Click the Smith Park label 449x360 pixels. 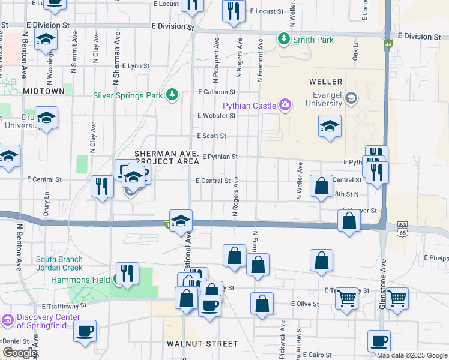click(x=313, y=40)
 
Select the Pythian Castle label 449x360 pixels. click(x=249, y=106)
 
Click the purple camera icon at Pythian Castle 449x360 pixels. click(x=285, y=106)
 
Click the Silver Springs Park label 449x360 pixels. click(x=128, y=95)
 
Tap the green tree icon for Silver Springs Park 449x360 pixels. click(x=172, y=95)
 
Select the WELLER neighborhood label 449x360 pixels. click(x=325, y=81)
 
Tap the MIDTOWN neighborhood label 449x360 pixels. click(x=44, y=91)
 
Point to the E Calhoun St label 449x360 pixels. click(x=217, y=92)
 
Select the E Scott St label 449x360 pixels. click(x=211, y=136)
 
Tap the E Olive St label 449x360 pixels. click(x=305, y=304)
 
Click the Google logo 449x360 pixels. click(x=19, y=352)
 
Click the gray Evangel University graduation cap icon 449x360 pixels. click(x=351, y=97)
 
